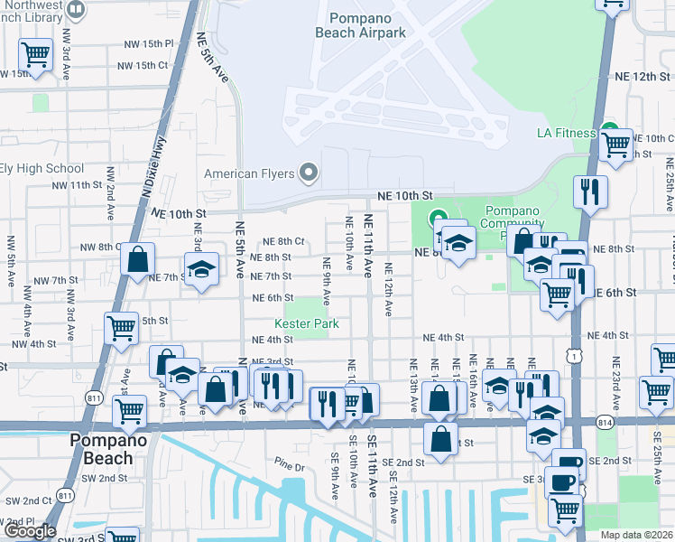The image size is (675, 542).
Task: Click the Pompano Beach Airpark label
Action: coord(366,25)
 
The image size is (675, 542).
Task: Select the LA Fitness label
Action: coord(562,133)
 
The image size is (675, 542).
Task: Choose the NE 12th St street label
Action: coord(638,77)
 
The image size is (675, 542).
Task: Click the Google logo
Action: coord(29,531)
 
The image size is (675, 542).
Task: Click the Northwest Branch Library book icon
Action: coord(76,11)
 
